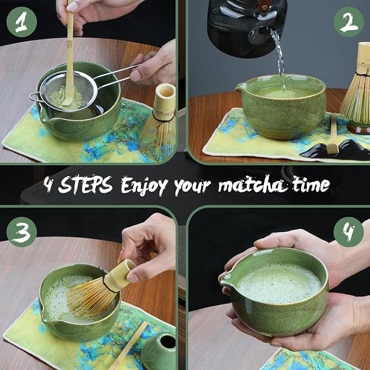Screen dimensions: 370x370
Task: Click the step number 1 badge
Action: pyautogui.click(x=22, y=22)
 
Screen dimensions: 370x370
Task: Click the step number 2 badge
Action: pyautogui.click(x=348, y=22)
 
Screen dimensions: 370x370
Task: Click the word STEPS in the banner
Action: pyautogui.click(x=86, y=185)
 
